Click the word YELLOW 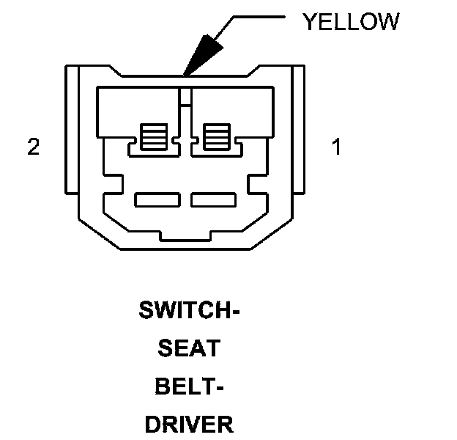point(351,21)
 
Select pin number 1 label point(336,147)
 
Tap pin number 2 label point(33,147)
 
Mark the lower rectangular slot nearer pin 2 point(157,199)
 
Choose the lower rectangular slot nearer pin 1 point(212,199)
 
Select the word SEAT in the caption point(189,348)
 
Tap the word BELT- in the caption point(189,386)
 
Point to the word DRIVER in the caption point(189,423)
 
